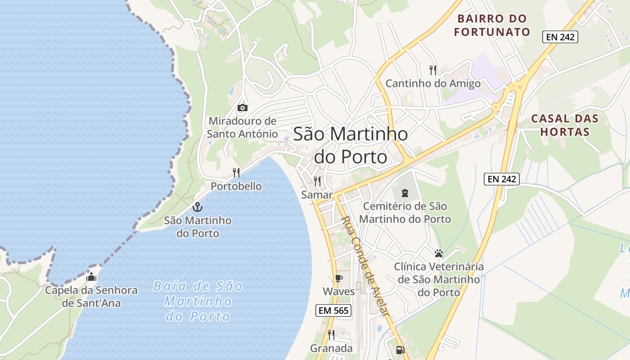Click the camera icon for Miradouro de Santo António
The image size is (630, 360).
[x=243, y=108]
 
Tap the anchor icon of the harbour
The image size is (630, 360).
[x=197, y=207]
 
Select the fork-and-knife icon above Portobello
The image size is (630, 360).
[x=236, y=172]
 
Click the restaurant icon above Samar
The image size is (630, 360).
[x=317, y=181]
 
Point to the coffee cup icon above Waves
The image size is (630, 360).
[x=338, y=278]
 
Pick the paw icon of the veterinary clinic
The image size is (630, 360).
[x=439, y=253]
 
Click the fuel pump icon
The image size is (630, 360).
[x=400, y=350]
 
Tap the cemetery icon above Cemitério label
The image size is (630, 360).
[x=405, y=193]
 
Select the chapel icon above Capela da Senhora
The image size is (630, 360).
[x=91, y=276]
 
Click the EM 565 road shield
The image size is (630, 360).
[x=333, y=310]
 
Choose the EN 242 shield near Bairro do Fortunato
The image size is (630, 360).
[x=560, y=37]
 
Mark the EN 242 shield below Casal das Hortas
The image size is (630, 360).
[x=502, y=179]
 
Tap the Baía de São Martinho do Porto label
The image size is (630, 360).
[x=198, y=301]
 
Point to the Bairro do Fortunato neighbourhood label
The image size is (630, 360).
[x=492, y=25]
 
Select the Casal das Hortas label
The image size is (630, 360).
[x=565, y=125]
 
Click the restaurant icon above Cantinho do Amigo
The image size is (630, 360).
[x=433, y=70]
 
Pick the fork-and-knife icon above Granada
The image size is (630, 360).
[x=331, y=334]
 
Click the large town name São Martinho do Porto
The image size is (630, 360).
[x=351, y=145]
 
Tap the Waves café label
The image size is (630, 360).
[x=339, y=292]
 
